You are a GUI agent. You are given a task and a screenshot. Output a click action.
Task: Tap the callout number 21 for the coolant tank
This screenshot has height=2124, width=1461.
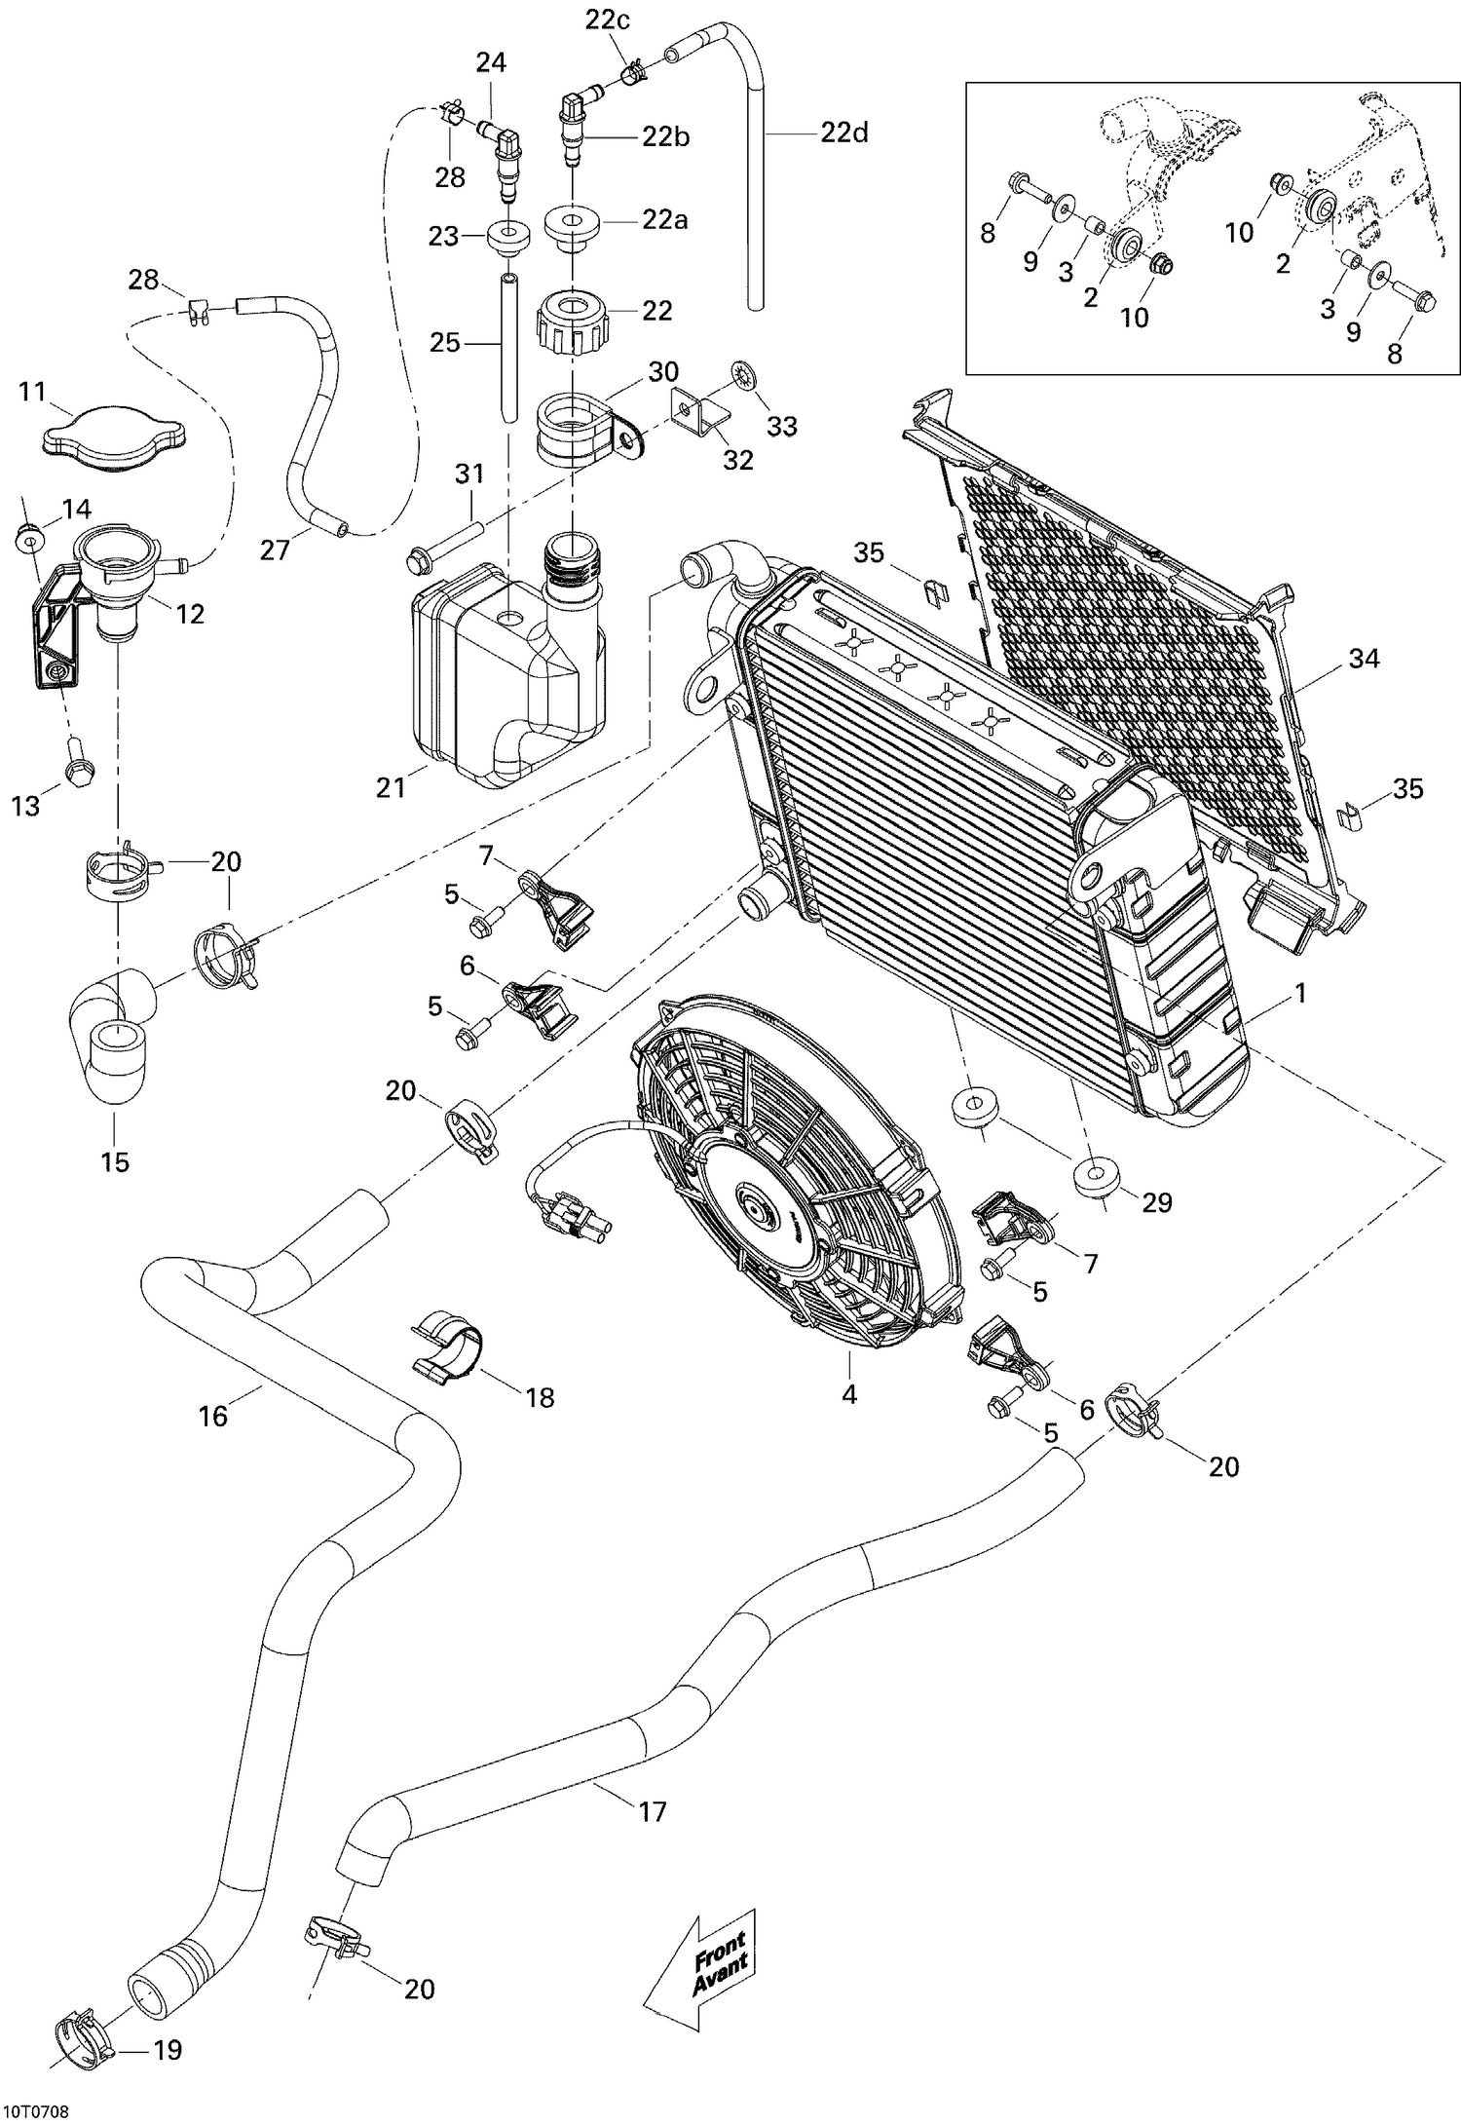[390, 786]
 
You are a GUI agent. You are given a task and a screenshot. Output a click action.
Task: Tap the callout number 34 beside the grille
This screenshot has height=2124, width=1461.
[1364, 660]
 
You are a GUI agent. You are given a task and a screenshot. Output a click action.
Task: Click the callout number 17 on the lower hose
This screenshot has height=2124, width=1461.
[652, 1811]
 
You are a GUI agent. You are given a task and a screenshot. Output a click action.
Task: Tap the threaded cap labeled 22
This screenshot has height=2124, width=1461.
[574, 318]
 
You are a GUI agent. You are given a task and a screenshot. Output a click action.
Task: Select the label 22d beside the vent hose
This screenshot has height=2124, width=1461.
[843, 133]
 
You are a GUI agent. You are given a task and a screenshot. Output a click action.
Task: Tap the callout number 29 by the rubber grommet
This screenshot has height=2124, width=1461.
[1156, 1202]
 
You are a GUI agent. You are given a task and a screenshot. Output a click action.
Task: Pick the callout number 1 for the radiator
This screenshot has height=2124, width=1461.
[1298, 994]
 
